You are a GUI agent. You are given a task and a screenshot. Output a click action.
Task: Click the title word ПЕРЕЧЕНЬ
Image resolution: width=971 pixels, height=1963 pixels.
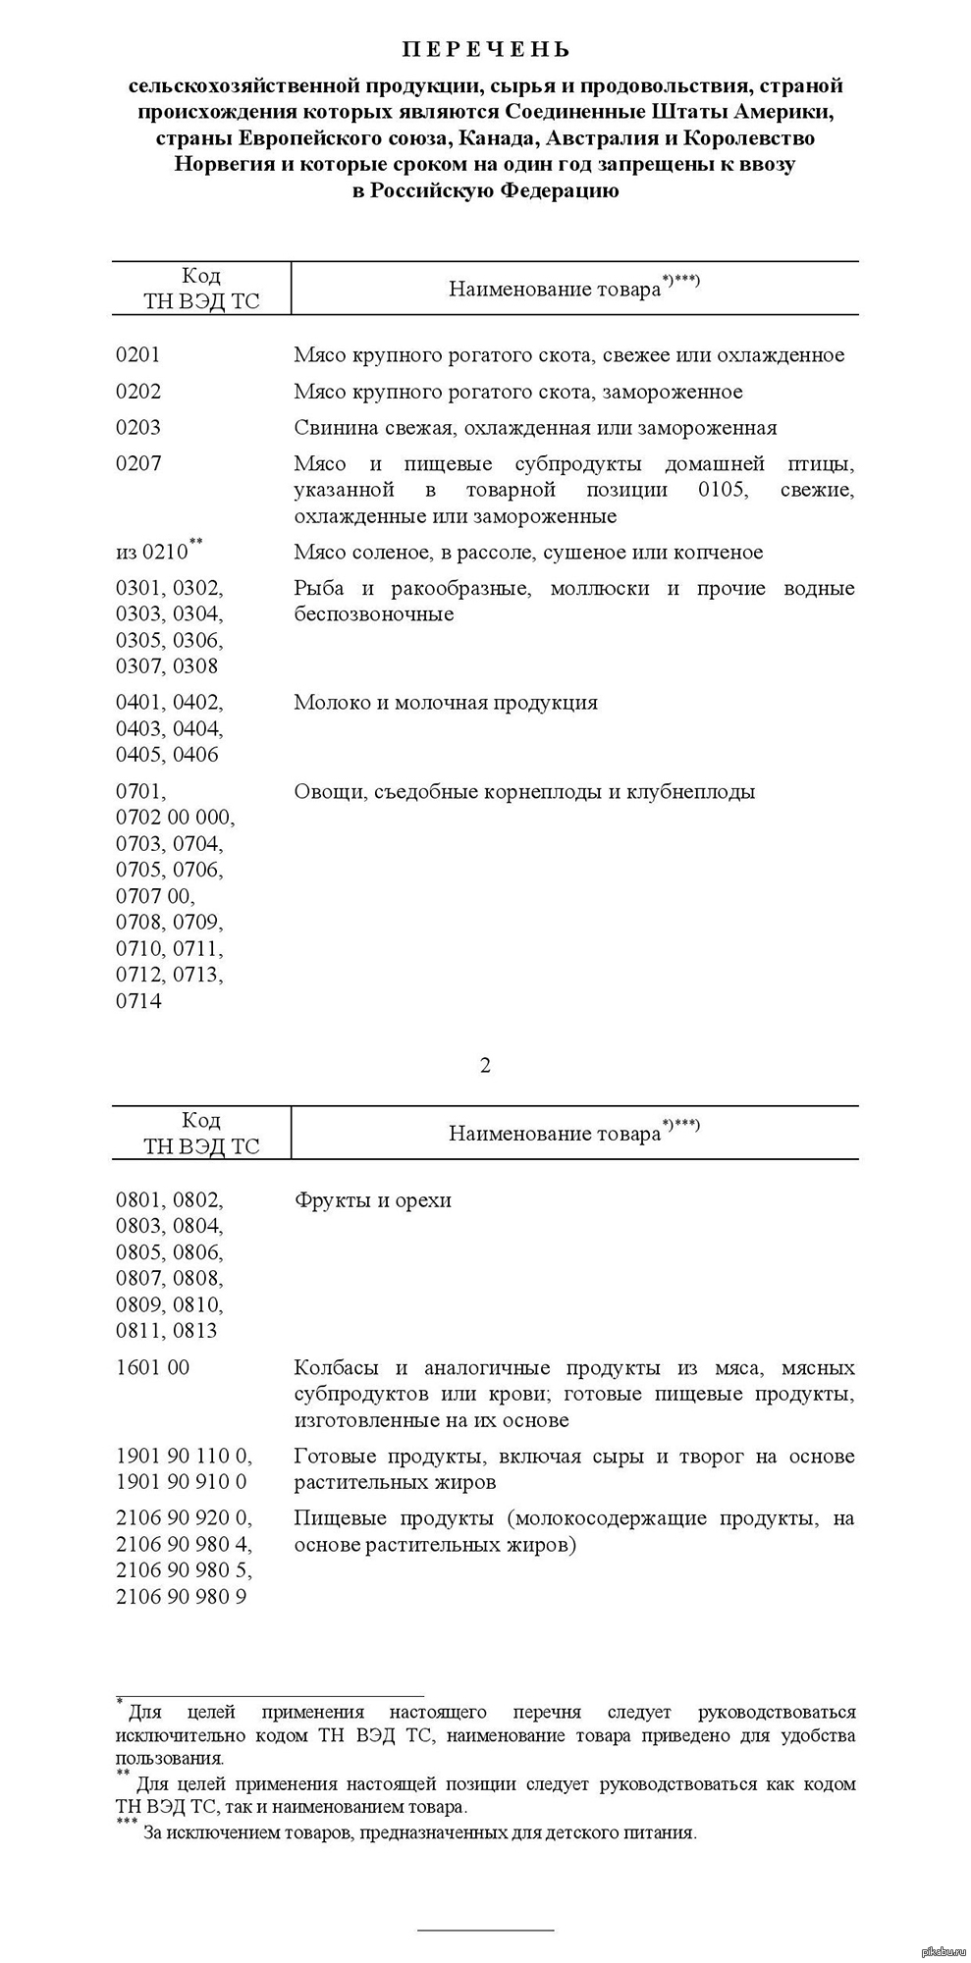(x=485, y=49)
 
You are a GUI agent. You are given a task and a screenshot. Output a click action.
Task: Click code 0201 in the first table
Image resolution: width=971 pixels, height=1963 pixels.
(x=138, y=355)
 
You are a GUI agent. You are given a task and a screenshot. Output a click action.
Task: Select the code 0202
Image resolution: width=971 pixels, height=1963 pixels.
(x=138, y=392)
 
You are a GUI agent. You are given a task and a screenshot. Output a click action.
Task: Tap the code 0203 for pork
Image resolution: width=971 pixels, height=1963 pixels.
(x=138, y=428)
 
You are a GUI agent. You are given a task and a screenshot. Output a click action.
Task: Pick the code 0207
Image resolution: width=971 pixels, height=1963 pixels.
(x=138, y=463)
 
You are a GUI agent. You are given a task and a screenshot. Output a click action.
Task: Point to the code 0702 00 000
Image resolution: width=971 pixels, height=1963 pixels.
(x=176, y=818)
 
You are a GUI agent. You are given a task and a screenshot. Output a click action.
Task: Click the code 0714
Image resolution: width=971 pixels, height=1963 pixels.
(x=138, y=1001)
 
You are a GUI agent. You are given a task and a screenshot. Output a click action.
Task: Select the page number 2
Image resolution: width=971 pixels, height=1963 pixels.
(x=485, y=1065)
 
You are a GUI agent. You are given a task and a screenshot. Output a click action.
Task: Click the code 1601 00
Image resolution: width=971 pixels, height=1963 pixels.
(x=152, y=1367)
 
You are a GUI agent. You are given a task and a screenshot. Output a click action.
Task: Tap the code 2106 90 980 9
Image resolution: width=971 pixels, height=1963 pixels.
(x=182, y=1597)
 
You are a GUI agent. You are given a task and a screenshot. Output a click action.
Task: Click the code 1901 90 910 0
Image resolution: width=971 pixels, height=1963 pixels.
(x=182, y=1482)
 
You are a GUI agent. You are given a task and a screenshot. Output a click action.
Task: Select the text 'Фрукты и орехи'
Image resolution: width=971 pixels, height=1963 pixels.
(x=373, y=1199)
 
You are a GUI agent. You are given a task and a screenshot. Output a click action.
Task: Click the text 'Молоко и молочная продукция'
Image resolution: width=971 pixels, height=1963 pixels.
(x=446, y=703)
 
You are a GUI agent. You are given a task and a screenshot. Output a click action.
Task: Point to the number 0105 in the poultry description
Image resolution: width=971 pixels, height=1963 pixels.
(x=722, y=490)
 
